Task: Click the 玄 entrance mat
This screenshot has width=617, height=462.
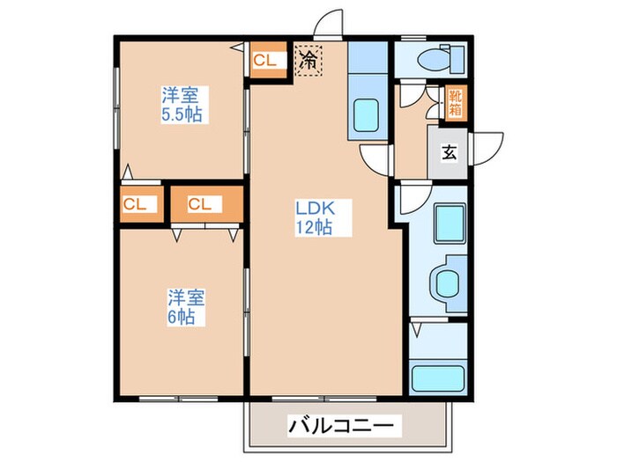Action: [449, 152]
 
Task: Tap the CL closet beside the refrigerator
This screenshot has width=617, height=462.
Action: [267, 61]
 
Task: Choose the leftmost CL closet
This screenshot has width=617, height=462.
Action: [138, 204]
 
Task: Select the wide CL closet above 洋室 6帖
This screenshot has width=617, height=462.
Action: [205, 204]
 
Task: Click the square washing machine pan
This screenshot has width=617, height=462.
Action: [450, 221]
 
